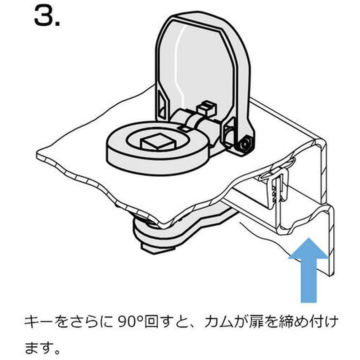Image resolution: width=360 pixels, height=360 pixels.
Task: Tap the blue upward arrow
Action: (309, 270)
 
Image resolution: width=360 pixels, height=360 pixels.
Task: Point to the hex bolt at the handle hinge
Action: (245, 144)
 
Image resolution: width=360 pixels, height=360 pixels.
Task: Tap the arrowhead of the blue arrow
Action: (309, 249)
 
